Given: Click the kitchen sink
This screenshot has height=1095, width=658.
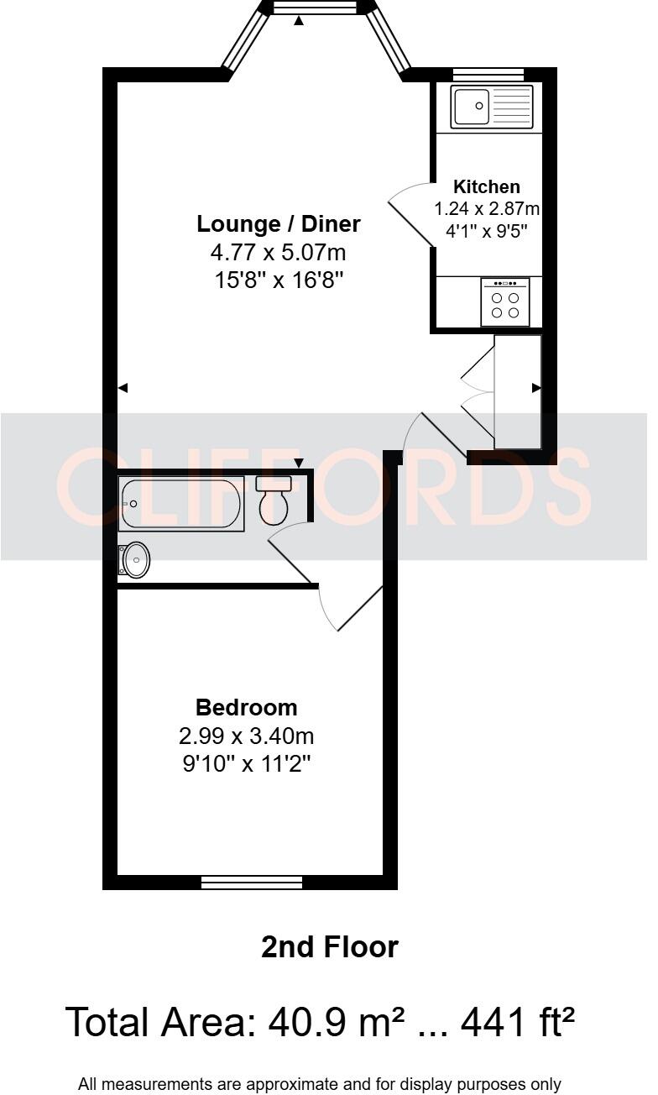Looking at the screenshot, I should pyautogui.click(x=491, y=107).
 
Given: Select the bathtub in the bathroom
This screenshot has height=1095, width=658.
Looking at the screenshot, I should pyautogui.click(x=181, y=504).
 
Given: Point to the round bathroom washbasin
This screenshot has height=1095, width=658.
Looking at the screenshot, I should pyautogui.click(x=135, y=560).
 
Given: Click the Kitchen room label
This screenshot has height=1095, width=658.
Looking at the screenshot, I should pyautogui.click(x=487, y=186).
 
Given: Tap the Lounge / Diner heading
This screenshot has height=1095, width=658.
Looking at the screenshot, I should pyautogui.click(x=279, y=224).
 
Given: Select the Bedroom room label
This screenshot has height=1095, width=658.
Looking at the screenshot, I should pyautogui.click(x=246, y=707).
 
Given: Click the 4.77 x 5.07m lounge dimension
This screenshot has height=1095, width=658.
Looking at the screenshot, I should pyautogui.click(x=279, y=252).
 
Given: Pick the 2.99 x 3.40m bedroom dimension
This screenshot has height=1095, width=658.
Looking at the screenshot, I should pyautogui.click(x=246, y=736).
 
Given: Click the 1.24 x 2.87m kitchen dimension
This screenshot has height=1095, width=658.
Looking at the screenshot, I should pyautogui.click(x=487, y=208).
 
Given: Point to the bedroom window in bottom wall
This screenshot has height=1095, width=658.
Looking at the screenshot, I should pyautogui.click(x=252, y=883).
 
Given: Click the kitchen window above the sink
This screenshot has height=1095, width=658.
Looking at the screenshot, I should pyautogui.click(x=488, y=74).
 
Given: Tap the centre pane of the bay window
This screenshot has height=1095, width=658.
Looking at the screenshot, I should pyautogui.click(x=315, y=8).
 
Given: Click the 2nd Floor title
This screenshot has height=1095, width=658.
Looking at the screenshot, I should pyautogui.click(x=329, y=947).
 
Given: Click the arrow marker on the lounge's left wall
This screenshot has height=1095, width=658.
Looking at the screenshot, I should pyautogui.click(x=123, y=388).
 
